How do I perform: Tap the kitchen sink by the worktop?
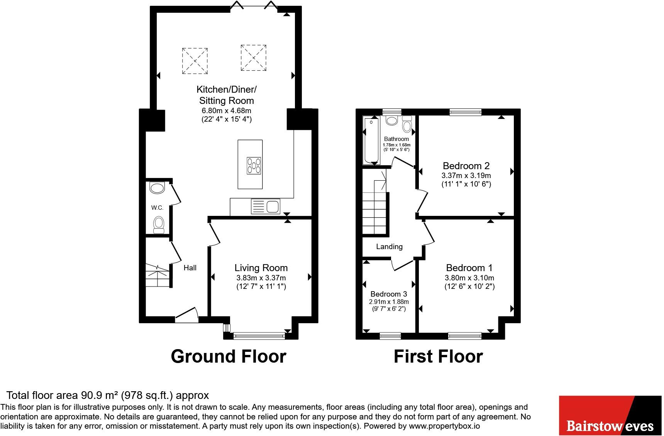[266, 207]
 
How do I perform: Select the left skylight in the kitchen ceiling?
[195, 61]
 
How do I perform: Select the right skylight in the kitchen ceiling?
[254, 58]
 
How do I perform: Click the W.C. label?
[157, 208]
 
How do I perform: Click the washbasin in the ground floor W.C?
[157, 188]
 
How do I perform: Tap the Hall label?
[190, 268]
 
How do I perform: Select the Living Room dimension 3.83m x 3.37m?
[261, 278]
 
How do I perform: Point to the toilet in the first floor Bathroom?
[407, 125]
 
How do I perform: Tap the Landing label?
[389, 246]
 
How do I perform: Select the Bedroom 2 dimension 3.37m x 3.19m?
[466, 175]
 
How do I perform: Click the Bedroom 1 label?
[469, 268]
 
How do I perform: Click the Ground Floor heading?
[229, 356]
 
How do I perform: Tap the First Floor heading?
[438, 356]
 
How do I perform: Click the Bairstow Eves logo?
[610, 416]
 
